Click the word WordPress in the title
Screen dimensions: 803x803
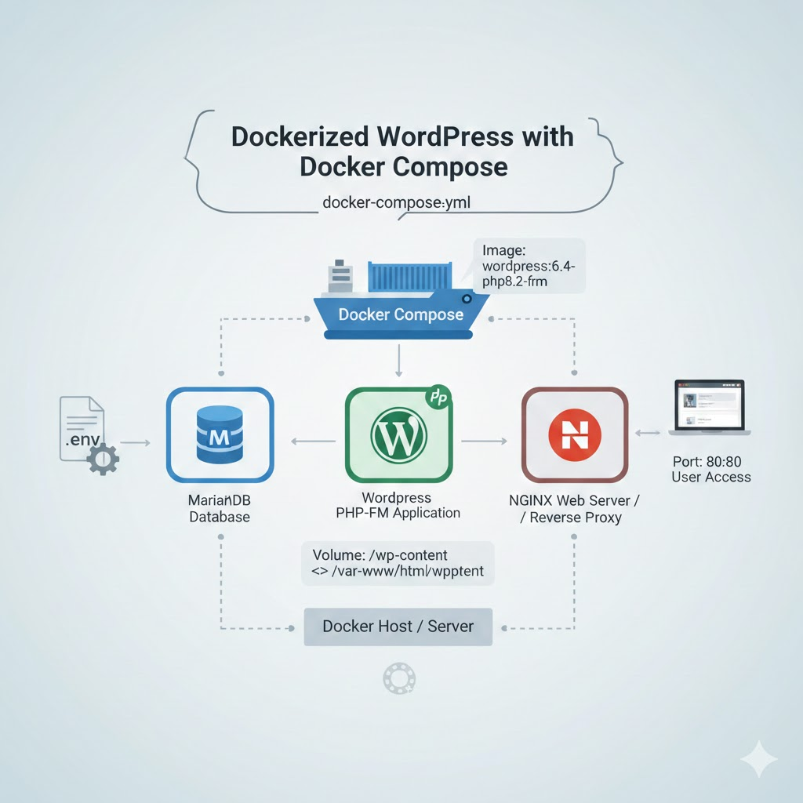coord(446,137)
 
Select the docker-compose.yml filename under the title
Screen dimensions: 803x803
coord(396,202)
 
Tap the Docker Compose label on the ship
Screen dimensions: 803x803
coord(401,314)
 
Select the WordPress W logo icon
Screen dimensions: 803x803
coord(398,434)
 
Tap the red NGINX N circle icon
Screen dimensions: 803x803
coord(575,434)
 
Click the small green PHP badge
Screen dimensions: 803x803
coord(438,398)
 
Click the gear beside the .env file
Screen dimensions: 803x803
coord(103,459)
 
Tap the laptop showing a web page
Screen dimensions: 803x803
coord(709,407)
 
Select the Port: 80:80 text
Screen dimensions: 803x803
coord(710,462)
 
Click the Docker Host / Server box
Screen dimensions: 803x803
coord(398,627)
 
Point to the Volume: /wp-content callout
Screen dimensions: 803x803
coord(398,564)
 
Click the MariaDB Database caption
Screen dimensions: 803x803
coord(220,509)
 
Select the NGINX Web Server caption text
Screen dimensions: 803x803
coord(575,509)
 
